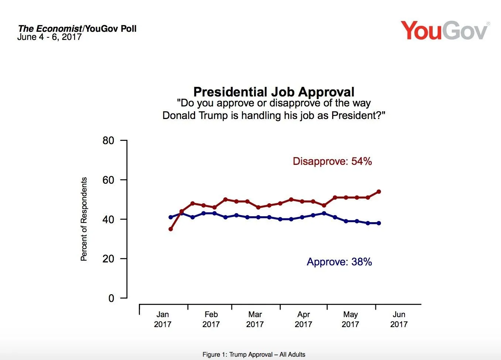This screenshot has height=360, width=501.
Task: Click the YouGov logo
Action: (444, 31)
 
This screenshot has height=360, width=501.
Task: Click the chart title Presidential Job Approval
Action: (274, 92)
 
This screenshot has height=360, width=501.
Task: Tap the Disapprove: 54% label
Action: (332, 162)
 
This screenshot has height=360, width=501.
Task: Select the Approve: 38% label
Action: (339, 262)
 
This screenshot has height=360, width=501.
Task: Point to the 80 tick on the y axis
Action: (108, 140)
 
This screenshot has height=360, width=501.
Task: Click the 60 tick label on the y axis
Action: (108, 180)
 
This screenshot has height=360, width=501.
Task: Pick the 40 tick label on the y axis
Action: (108, 219)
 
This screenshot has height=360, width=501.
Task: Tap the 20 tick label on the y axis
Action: (108, 259)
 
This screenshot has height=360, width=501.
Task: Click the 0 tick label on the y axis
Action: (111, 298)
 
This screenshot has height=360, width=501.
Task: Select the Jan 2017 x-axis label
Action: (163, 319)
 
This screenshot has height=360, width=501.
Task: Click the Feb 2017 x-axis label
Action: (211, 319)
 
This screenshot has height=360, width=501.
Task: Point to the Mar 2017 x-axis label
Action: (255, 319)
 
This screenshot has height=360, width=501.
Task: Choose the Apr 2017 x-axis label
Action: (303, 319)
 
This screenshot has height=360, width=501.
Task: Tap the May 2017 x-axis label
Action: (350, 319)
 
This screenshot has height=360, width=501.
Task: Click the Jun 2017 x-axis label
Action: (399, 319)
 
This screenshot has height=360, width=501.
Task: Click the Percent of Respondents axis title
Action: (84, 219)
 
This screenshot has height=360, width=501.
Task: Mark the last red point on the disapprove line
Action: (379, 191)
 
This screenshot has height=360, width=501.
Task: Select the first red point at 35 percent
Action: (171, 229)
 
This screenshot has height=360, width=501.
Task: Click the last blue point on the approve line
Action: (379, 223)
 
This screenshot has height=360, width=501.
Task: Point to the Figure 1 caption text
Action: (254, 354)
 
